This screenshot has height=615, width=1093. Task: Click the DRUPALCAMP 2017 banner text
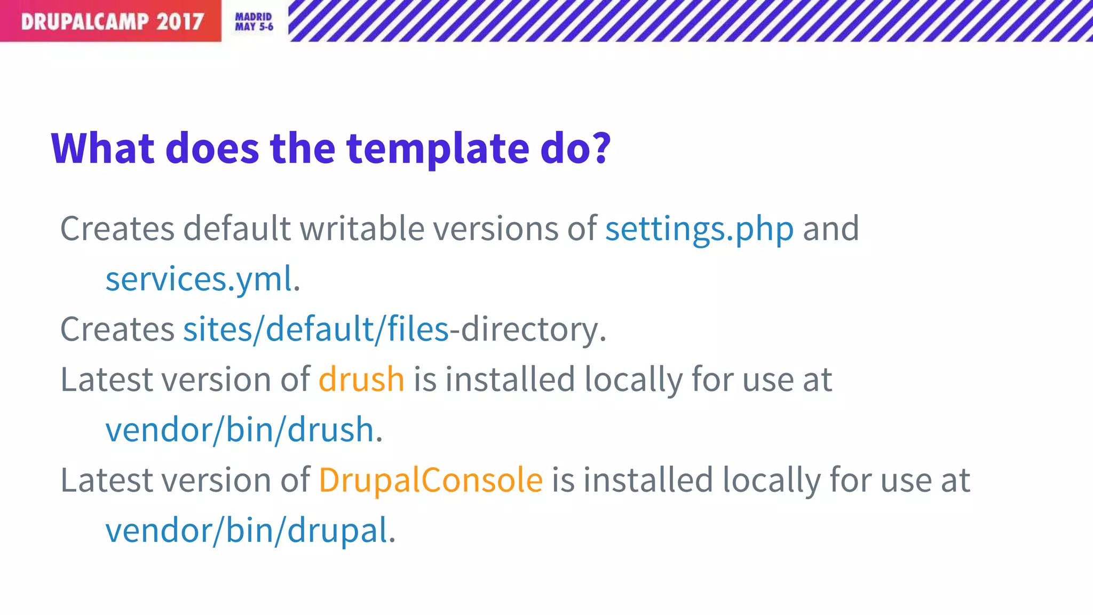coord(112,21)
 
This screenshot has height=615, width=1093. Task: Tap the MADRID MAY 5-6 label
coord(254,22)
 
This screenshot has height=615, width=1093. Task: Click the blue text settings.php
coord(699,230)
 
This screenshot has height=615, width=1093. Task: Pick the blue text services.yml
coord(199,279)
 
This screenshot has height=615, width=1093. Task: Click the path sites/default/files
coord(316,329)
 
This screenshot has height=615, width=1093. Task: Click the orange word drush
coord(361,380)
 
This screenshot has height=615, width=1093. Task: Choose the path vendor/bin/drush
coord(240,430)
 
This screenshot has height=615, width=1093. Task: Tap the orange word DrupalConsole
coord(431,480)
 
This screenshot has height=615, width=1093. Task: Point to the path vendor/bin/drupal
coord(247,531)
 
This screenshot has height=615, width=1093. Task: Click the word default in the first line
coord(237,230)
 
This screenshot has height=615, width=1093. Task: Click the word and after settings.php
coord(831,230)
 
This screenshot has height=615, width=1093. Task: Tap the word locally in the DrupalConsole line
coord(771,480)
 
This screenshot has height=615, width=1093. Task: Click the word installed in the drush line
coord(510,380)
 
